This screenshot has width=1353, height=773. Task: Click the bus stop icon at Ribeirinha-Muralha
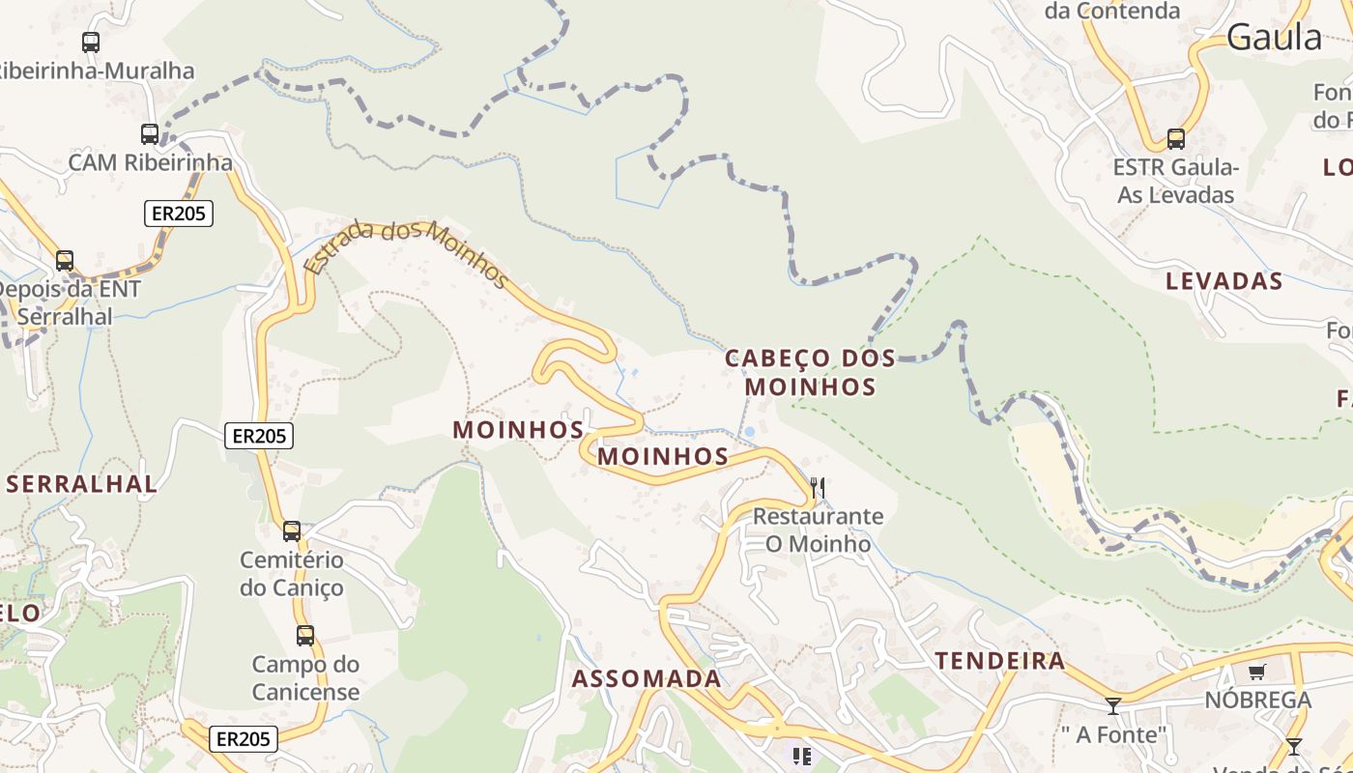91,43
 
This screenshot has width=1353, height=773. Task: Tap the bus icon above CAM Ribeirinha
150,134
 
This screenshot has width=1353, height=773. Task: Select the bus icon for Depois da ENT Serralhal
65,261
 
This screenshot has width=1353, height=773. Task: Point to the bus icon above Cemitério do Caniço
292,530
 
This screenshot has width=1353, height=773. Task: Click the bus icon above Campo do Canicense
305,636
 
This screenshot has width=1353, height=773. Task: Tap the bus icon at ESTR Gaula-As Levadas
1176,139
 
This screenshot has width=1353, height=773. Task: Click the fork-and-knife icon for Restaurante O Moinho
818,487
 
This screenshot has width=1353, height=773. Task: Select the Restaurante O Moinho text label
818,530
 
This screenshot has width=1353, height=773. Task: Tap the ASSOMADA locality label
647,679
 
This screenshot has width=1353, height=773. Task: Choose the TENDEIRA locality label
1000,662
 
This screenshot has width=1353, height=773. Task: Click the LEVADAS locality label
1223,282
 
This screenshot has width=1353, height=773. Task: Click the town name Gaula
1275,38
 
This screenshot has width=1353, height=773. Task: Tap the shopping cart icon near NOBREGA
1256,672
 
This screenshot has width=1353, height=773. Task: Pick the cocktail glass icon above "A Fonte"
1113,706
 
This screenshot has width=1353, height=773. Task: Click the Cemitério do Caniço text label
292,574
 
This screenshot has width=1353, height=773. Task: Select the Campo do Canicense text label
305,678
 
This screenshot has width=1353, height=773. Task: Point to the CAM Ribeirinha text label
150,162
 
